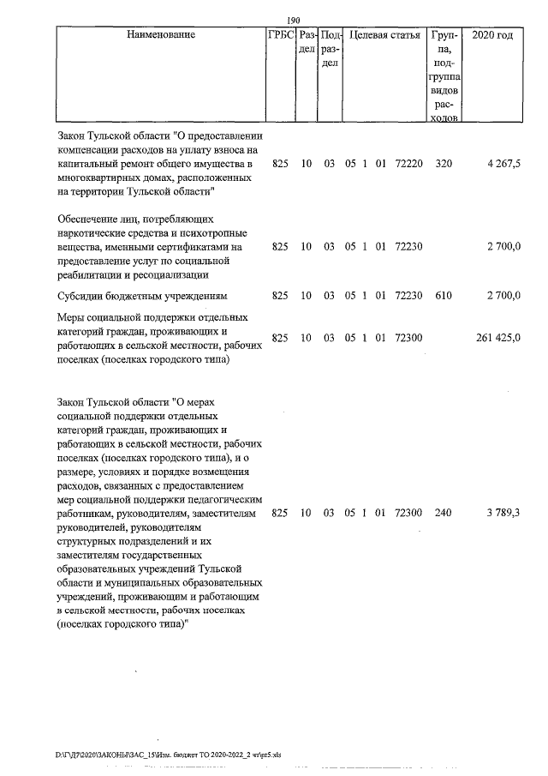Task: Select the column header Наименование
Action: [160, 36]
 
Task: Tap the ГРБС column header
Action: [281, 36]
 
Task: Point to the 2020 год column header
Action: [492, 36]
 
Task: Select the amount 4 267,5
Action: [503, 163]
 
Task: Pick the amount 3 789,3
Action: [503, 513]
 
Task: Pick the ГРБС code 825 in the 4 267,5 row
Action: [280, 163]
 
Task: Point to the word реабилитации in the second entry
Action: [91, 274]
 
